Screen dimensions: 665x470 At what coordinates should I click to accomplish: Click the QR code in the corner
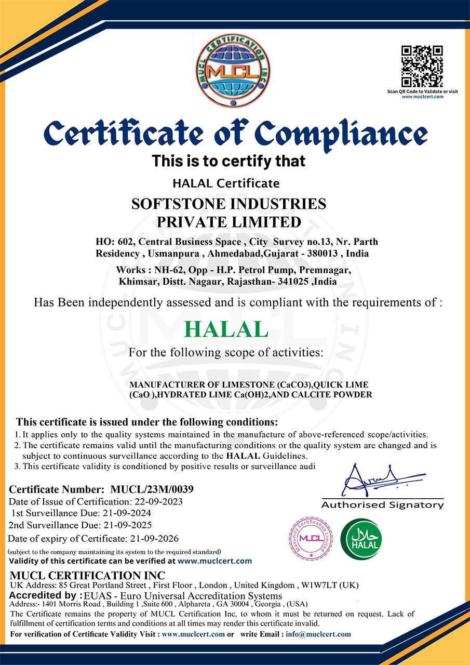click(x=422, y=66)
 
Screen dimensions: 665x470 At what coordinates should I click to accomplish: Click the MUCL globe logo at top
click(x=233, y=71)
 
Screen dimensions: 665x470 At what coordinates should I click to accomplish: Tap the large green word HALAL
click(x=226, y=329)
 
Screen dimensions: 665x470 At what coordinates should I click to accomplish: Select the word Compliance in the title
click(x=343, y=134)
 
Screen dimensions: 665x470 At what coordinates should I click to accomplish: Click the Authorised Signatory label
click(x=383, y=505)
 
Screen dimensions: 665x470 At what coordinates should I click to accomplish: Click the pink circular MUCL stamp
click(x=311, y=539)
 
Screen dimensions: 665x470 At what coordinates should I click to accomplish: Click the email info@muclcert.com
click(x=317, y=634)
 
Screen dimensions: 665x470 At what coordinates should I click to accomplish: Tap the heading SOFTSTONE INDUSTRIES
click(x=229, y=204)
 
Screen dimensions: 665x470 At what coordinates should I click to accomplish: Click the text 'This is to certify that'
click(x=229, y=161)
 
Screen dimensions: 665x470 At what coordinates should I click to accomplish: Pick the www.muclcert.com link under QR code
click(x=422, y=97)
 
